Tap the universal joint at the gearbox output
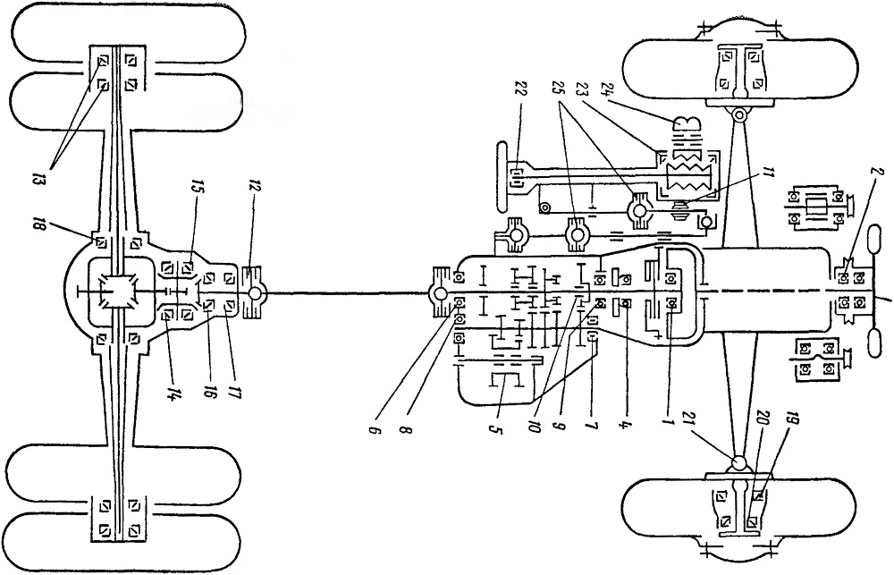pos(441,293)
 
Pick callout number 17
pos(232,393)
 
